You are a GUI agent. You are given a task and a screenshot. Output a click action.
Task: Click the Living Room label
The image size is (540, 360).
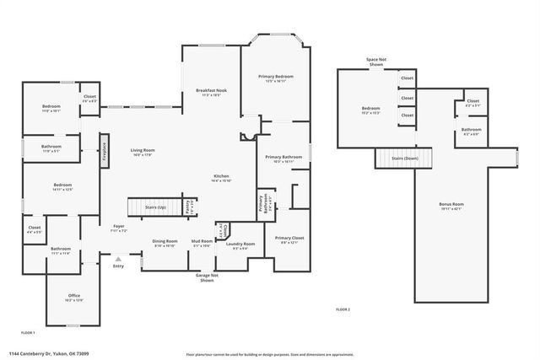tap(143, 152)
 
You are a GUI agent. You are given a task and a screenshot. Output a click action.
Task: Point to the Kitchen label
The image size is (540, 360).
tap(221, 178)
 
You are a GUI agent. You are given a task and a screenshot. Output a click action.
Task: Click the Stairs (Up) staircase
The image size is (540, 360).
tap(149, 207)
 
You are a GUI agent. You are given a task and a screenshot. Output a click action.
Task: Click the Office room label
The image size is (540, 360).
tap(74, 297)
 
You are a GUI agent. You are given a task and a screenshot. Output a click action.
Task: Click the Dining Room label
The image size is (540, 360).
tap(165, 243)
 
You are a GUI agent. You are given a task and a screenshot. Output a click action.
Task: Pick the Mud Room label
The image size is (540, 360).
tap(201, 243)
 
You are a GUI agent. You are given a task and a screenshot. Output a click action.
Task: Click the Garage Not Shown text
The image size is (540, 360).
tap(207, 277)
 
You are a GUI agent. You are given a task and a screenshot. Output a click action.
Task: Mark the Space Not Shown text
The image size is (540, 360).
tap(376, 62)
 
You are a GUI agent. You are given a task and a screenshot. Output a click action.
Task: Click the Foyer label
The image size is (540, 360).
tap(119, 228)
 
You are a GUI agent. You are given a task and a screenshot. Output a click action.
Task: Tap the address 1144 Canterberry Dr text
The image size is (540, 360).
tap(50, 353)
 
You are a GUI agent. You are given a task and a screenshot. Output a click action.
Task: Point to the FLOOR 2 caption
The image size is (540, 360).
tap(342, 310)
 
